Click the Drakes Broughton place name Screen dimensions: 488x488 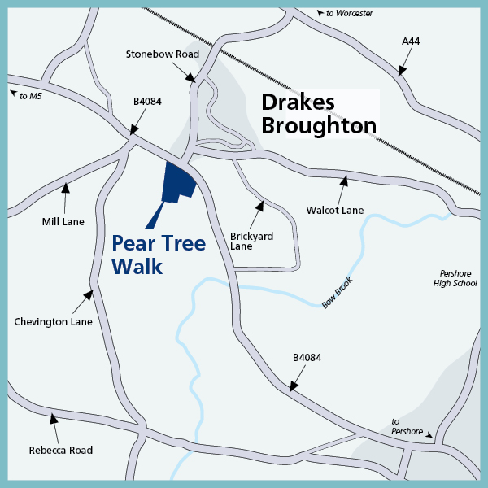tap(318, 114)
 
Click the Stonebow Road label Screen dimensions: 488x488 tap(163, 54)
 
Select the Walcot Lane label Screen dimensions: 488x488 tap(335, 211)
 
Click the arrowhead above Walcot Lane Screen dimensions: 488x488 tap(345, 179)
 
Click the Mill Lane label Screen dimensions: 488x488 tap(63, 221)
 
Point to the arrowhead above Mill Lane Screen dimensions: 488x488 tap(66, 188)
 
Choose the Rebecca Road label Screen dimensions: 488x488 tap(61, 450)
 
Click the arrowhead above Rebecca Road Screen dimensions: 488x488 tap(54, 419)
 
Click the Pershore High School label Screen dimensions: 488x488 tap(455, 278)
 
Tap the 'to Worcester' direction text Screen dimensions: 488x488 tap(348, 14)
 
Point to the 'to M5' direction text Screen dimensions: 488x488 tap(30, 96)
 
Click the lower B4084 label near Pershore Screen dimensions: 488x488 tap(307, 357)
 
